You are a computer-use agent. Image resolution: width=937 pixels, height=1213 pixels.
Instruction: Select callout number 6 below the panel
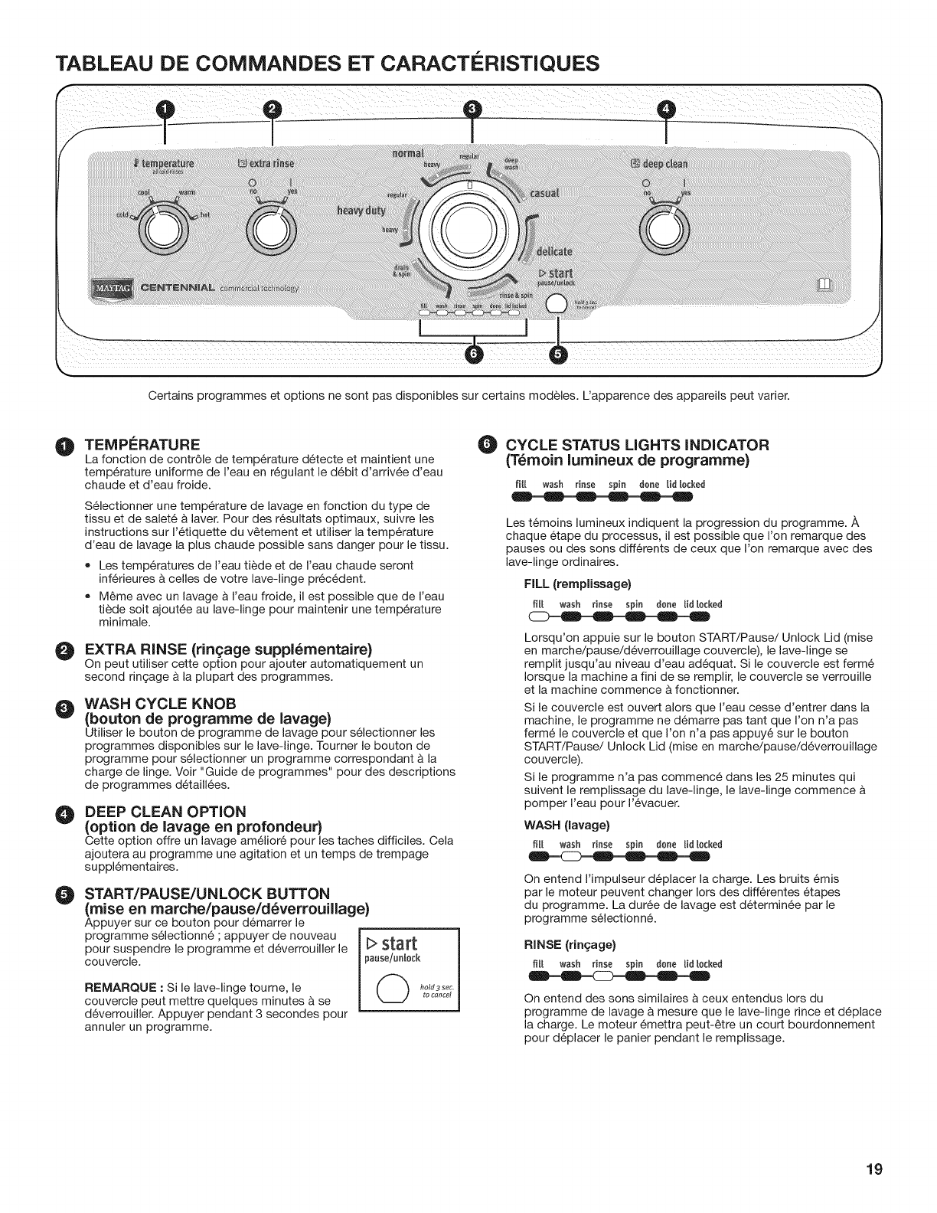pos(475,353)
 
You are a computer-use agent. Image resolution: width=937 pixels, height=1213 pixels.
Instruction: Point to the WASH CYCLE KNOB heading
pos(160,704)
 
